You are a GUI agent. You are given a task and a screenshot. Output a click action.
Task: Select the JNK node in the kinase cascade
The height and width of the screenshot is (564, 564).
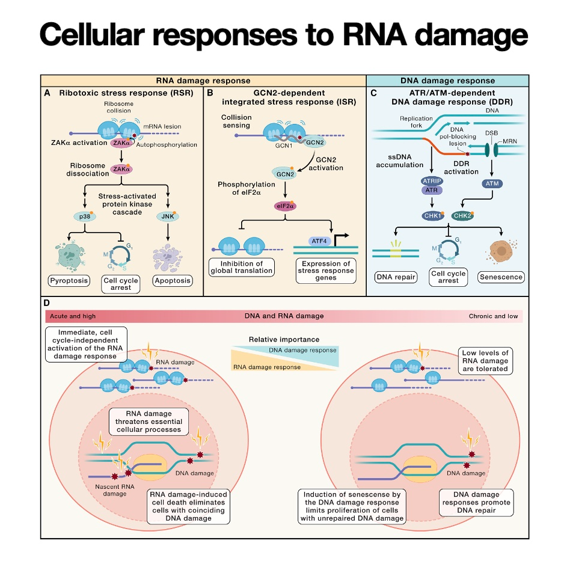[x=168, y=216]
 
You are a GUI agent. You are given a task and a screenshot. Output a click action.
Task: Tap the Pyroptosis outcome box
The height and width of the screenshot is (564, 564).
[x=69, y=281]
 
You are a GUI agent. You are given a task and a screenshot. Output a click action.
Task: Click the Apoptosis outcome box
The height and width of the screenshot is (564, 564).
[x=173, y=281]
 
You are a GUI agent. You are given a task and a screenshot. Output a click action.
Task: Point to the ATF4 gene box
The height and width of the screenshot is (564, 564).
[x=319, y=241]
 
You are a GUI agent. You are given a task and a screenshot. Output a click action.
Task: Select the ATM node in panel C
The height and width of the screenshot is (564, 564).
[x=492, y=183]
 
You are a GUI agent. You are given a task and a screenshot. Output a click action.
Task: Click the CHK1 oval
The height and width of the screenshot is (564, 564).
[x=433, y=216]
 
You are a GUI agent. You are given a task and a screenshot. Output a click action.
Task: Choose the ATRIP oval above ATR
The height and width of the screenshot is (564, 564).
[x=432, y=180]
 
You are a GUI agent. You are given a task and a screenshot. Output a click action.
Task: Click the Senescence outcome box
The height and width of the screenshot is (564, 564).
[x=501, y=277]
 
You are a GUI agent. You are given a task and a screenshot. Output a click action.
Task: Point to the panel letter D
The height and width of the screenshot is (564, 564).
[x=47, y=303]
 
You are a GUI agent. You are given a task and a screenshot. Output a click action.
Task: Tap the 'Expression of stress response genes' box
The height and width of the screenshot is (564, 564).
[x=326, y=271]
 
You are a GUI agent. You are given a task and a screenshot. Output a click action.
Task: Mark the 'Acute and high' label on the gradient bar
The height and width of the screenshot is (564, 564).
[x=73, y=316]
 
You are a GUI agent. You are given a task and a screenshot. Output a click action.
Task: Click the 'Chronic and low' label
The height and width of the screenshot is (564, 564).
[x=493, y=316]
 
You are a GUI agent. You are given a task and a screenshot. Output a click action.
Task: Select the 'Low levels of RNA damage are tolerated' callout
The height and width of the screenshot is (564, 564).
[x=486, y=360]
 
